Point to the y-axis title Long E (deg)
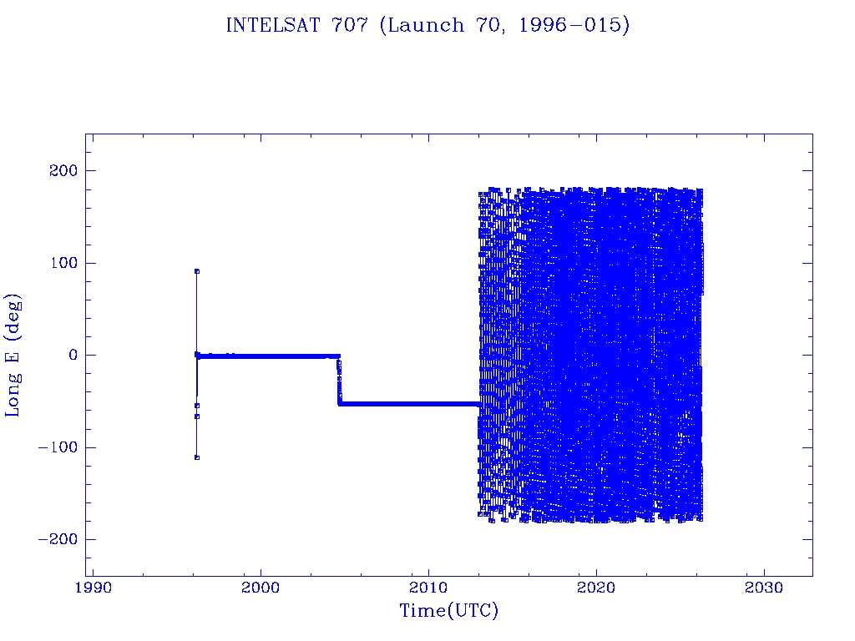[x=13, y=355]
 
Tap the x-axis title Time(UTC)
[x=448, y=611]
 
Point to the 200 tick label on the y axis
[x=63, y=171]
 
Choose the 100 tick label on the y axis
[x=63, y=263]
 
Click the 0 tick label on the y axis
[x=73, y=355]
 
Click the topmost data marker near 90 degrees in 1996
[x=196, y=271]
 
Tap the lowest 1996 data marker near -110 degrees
[x=196, y=457]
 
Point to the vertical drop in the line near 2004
[x=339, y=380]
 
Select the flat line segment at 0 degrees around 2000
[x=261, y=356]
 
